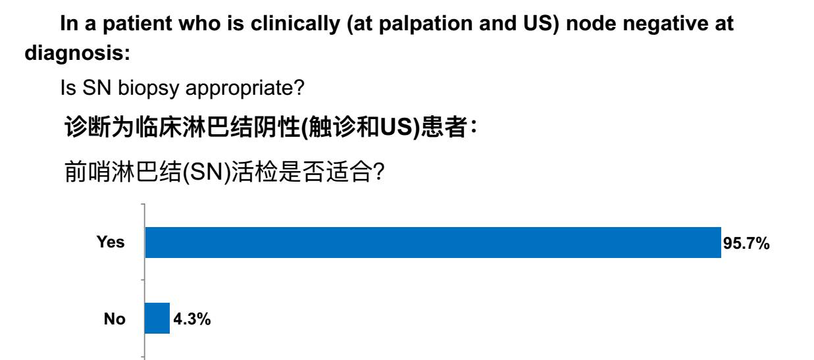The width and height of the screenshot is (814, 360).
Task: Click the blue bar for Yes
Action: (x=433, y=242)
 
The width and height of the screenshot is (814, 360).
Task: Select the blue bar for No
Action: (x=157, y=318)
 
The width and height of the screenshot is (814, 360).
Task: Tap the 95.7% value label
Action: (x=746, y=244)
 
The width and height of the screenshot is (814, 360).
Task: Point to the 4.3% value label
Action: (x=192, y=319)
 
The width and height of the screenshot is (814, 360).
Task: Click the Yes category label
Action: (x=111, y=242)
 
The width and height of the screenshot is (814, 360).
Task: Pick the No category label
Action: (x=114, y=319)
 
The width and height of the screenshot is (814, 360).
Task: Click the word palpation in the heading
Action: (x=426, y=24)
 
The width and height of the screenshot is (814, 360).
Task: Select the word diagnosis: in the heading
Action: (x=78, y=53)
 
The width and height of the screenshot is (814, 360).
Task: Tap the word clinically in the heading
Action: (x=295, y=24)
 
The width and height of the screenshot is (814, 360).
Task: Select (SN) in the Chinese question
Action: (x=206, y=172)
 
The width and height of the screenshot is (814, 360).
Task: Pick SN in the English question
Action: (x=97, y=88)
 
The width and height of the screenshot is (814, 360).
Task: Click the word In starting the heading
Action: (x=69, y=24)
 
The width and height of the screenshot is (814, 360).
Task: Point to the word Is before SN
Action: (x=68, y=88)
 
